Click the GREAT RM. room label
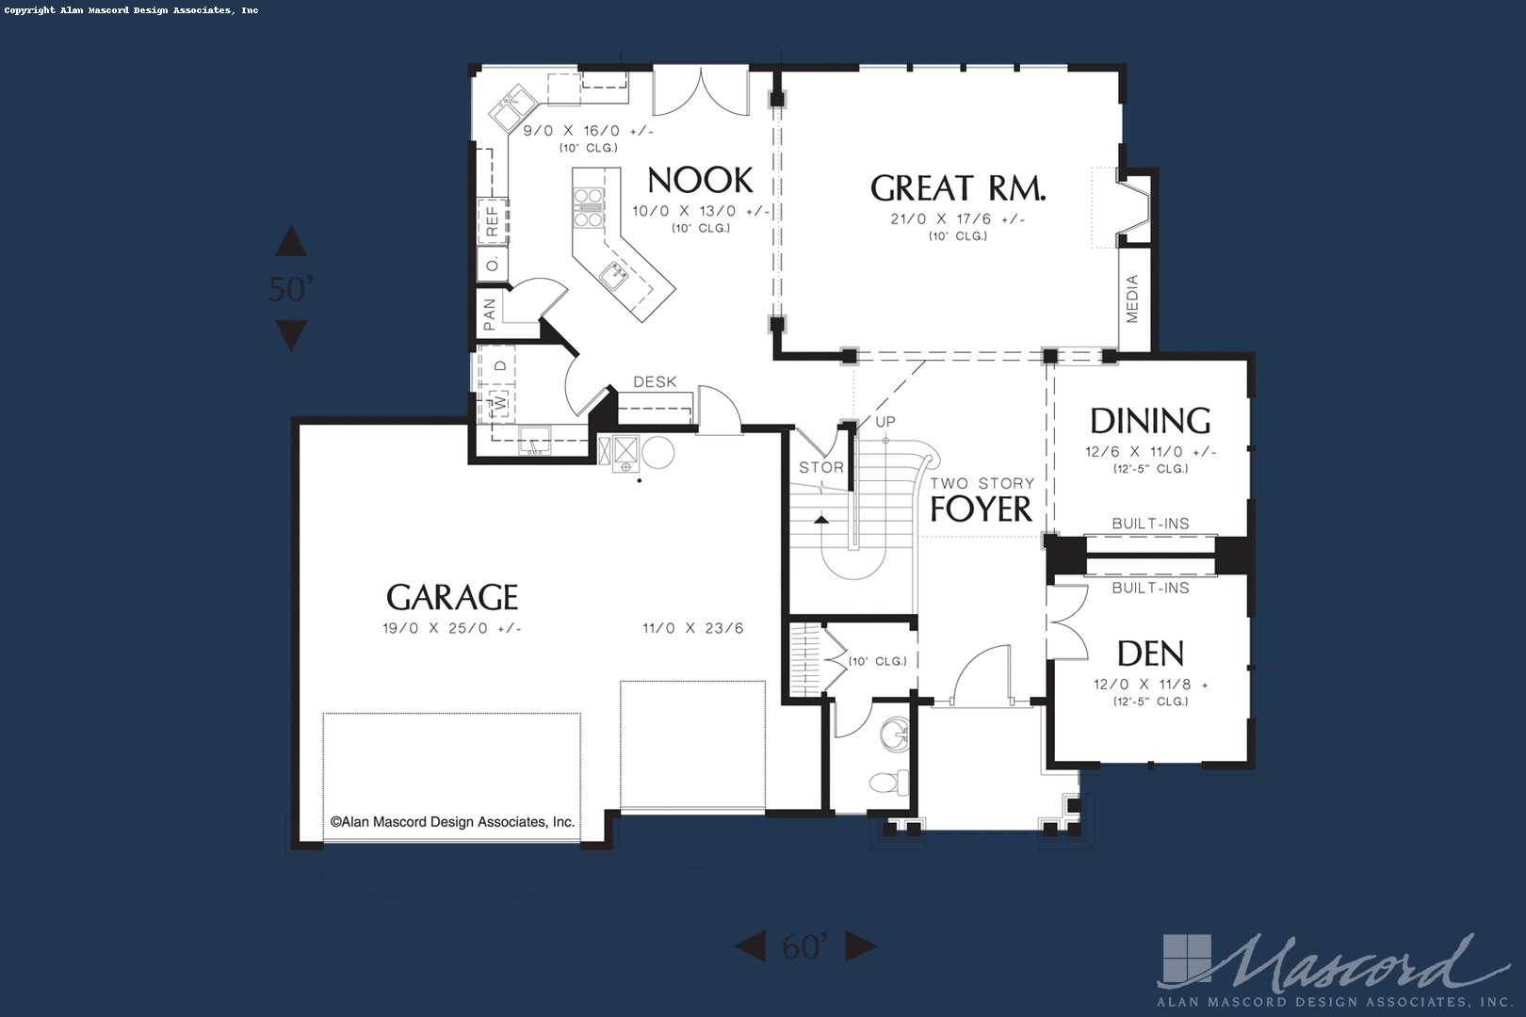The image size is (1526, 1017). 958,188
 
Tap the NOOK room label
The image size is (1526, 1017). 700,181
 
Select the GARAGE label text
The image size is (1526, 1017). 452,597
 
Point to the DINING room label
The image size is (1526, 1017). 1151,421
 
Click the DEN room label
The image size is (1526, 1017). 1151,654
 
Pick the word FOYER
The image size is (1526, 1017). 981,509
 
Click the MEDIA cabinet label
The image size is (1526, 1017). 1132,299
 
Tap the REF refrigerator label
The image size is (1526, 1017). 492,221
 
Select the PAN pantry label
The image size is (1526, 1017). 489,315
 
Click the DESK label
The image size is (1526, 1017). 656,382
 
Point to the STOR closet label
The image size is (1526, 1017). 821,467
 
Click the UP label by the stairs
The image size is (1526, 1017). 885,422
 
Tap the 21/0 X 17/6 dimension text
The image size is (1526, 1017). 958,219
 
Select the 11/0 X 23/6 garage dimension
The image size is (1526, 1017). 693,628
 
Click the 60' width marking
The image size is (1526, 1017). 805,946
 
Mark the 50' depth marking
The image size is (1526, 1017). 291,289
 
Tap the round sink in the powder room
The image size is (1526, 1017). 895,734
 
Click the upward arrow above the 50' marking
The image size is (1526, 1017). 291,240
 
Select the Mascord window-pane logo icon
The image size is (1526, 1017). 1187,960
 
